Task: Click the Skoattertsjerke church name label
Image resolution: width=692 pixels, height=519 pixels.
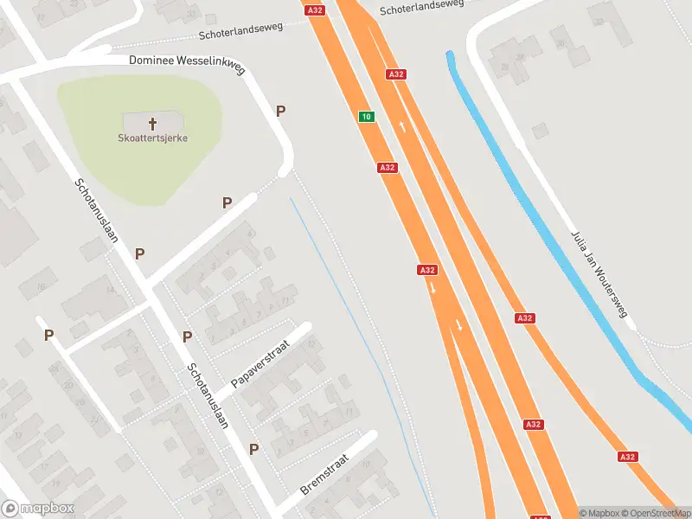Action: click(153, 138)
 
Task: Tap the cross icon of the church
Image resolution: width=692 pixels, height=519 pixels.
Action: click(153, 123)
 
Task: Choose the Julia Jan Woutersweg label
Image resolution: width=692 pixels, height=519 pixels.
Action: click(598, 274)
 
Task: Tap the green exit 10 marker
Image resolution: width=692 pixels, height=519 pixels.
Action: click(367, 117)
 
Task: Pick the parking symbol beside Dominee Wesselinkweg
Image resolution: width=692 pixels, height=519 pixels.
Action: click(280, 111)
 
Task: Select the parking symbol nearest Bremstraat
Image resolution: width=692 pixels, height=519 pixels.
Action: click(254, 449)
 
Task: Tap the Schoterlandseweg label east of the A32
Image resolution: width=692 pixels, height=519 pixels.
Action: click(421, 7)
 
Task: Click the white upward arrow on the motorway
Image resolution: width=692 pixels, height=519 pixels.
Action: click(404, 127)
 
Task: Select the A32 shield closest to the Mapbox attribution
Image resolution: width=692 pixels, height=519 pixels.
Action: click(626, 457)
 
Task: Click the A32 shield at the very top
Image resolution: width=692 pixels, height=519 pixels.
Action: click(314, 10)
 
